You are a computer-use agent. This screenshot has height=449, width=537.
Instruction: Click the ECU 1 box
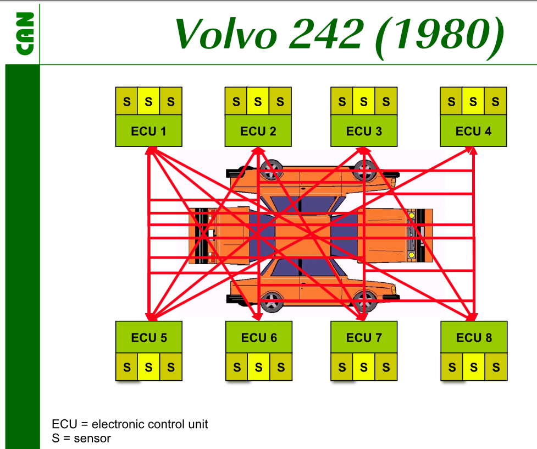click(148, 131)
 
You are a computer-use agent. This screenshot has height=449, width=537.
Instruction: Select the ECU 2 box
click(258, 131)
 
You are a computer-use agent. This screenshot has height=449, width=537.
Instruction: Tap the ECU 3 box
click(363, 131)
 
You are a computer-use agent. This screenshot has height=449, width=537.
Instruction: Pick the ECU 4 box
click(473, 131)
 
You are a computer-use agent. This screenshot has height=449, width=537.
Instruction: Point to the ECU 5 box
click(148, 337)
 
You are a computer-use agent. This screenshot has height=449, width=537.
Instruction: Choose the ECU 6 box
click(259, 337)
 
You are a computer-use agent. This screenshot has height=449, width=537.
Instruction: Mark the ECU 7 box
click(363, 337)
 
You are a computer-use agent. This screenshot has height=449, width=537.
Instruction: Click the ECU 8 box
click(474, 337)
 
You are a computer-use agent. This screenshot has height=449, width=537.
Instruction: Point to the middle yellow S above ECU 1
click(148, 101)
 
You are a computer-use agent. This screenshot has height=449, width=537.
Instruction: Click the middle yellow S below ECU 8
click(474, 367)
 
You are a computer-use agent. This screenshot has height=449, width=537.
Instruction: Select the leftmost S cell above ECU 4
click(451, 101)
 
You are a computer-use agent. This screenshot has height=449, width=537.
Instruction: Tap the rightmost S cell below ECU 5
click(170, 367)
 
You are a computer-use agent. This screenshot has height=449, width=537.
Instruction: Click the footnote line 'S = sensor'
click(81, 439)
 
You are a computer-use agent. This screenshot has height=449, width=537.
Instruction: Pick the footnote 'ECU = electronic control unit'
click(130, 424)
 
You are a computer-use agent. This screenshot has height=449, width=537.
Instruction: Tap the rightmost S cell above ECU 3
click(385, 101)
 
